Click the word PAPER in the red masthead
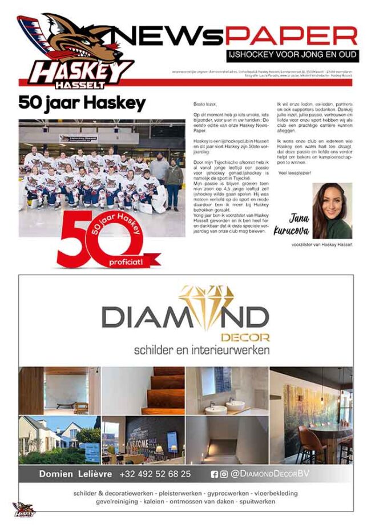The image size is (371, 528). click(x=291, y=36)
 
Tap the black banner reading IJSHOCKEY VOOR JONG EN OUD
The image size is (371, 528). click(x=292, y=55)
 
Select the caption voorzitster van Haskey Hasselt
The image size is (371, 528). click(x=321, y=245)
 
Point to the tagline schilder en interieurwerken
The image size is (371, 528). click(x=201, y=349)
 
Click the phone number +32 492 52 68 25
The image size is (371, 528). click(x=155, y=474)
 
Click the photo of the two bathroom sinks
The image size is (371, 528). click(x=227, y=390)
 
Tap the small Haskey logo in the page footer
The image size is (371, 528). click(x=24, y=509)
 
